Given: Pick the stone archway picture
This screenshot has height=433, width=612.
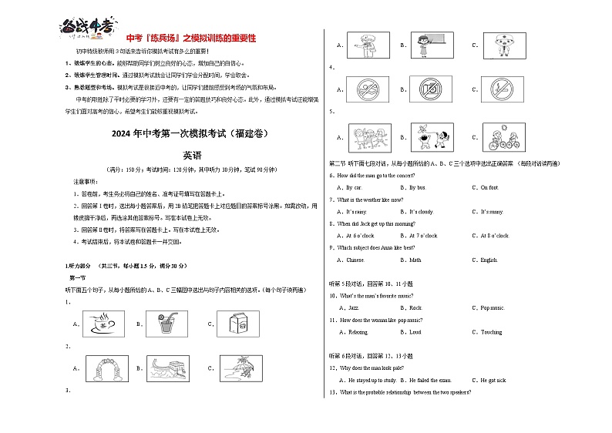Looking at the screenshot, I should click(103, 369).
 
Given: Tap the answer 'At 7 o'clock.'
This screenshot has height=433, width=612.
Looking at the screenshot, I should click(423, 236).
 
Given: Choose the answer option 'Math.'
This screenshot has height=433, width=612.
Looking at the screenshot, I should click(415, 260).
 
